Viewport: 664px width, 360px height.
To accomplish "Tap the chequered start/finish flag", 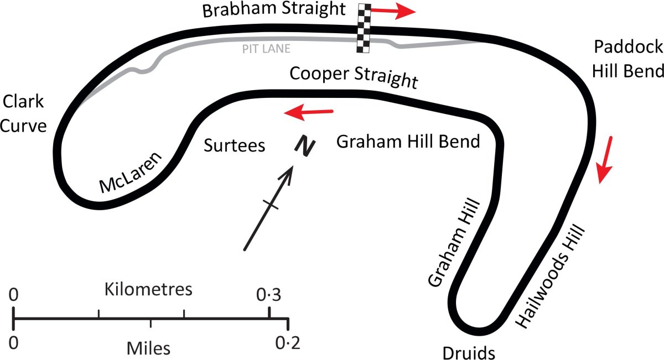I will (x=364, y=28).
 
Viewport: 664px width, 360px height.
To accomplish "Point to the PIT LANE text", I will (x=266, y=49).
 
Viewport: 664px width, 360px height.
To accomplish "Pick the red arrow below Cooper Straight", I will (x=309, y=112).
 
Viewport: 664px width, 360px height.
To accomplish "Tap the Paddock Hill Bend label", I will (x=627, y=60).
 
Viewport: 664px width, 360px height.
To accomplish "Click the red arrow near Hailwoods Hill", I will (x=605, y=160).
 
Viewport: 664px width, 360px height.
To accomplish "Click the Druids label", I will (x=468, y=352).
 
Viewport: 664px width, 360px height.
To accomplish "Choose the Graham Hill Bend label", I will (x=408, y=142).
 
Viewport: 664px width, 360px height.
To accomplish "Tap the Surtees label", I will (x=235, y=145).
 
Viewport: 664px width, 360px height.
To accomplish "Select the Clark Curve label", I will (x=23, y=114).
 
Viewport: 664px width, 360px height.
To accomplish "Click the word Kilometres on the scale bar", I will (x=148, y=289).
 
